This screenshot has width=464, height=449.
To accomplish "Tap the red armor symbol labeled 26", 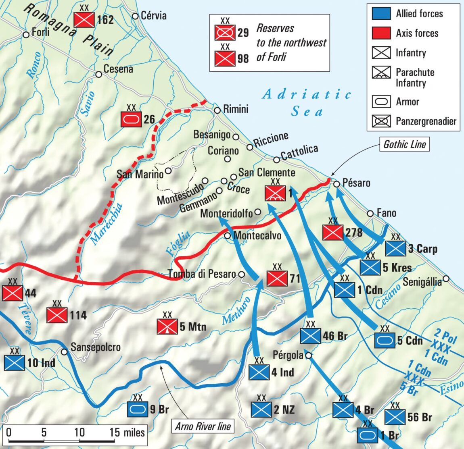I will [131, 119].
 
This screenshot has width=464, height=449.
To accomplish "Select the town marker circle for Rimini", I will [217, 110].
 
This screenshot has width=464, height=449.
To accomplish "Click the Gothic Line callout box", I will [404, 144].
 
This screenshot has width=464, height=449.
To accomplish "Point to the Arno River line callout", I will [203, 426].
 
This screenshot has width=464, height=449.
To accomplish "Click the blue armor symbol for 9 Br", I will [138, 410].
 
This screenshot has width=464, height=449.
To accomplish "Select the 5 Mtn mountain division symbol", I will [167, 326].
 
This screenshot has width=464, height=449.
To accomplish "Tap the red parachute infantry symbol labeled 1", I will [275, 193].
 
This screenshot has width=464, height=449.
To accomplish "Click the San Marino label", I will [140, 174].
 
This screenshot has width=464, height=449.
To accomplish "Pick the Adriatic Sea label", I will [307, 102].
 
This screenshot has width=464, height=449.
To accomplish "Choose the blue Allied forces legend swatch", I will [381, 14].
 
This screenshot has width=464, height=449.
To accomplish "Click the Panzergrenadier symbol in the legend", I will [381, 121].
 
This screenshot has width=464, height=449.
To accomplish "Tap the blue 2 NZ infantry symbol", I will [261, 410].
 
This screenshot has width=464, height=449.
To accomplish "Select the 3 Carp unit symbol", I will [395, 248].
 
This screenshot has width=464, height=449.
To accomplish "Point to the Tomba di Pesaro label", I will [202, 274].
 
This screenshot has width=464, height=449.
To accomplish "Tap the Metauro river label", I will [236, 311].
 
